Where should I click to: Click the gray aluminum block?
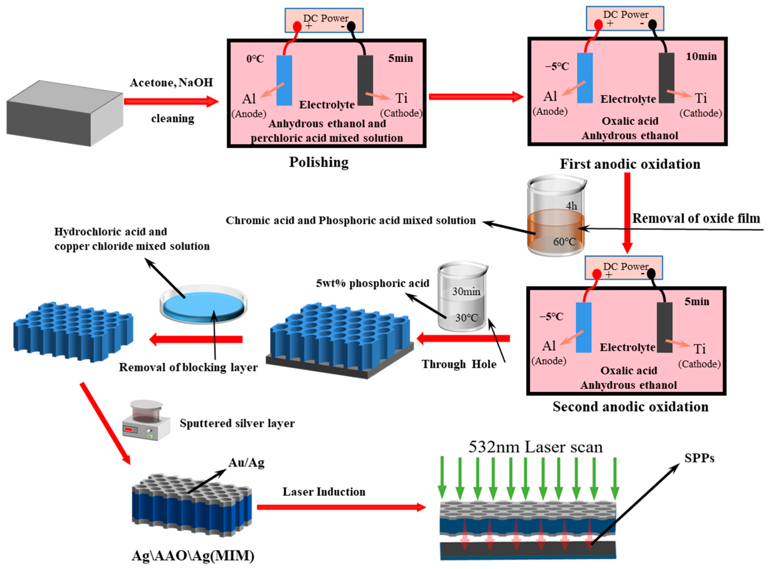pos(65,113)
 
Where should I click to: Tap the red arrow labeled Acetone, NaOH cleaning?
pos(171,101)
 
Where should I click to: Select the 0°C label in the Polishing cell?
pos(255,59)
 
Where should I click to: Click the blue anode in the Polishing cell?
pos(284,80)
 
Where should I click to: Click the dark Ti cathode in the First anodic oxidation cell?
pos(666,78)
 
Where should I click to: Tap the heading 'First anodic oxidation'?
pos(630,164)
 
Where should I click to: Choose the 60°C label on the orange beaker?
pos(564,242)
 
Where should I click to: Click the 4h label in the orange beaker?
pos(571,206)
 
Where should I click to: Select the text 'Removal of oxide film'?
pos(696,218)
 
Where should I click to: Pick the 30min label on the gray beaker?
pos(466,291)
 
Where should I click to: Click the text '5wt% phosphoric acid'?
pos(373,283)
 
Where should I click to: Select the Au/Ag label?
pos(246,463)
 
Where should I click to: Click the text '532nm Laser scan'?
pos(535,447)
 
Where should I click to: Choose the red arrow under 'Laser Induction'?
pos(341,507)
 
